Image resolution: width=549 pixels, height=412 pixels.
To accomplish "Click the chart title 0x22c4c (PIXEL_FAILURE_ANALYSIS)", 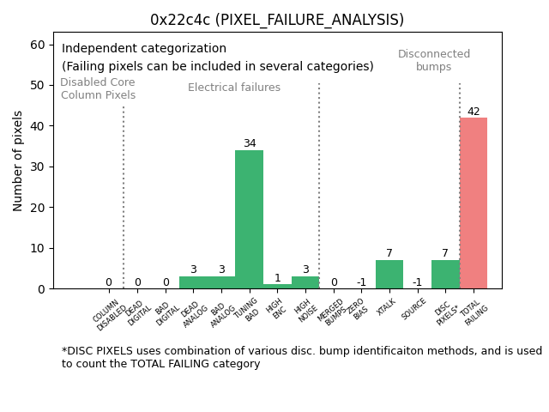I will [x=276, y=20].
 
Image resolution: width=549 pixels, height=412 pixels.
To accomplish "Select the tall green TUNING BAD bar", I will [x=249, y=219].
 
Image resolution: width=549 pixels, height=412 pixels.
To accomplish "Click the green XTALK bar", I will [x=389, y=274].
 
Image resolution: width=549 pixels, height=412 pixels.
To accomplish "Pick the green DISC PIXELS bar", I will [x=445, y=274].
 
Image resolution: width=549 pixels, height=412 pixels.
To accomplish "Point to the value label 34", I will [x=249, y=143].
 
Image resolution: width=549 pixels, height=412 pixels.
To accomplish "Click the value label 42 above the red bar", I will [x=474, y=112].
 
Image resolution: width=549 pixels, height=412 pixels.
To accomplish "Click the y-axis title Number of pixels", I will [x=18, y=161].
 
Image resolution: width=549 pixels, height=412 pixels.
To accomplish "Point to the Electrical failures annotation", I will [x=234, y=88].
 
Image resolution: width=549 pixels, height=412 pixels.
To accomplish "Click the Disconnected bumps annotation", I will [x=434, y=60].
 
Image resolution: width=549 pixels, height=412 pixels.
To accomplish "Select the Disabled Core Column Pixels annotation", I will [x=98, y=88].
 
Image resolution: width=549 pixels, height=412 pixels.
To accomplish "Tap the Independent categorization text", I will [x=144, y=49].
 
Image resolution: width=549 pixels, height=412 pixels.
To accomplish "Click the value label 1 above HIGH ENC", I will [x=277, y=278].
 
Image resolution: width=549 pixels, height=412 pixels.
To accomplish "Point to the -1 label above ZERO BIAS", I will [x=361, y=282].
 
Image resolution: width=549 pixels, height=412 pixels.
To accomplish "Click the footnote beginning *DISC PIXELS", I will [x=301, y=357].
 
